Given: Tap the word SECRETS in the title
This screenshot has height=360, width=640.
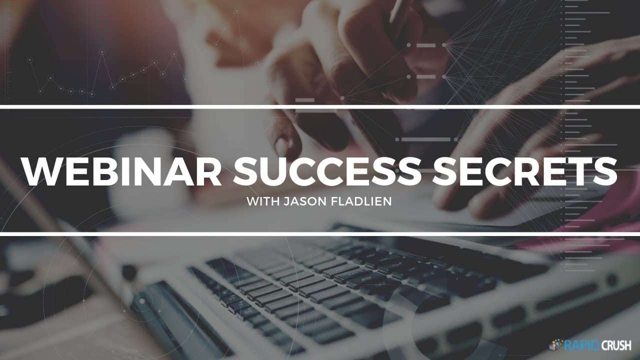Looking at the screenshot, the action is pyautogui.click(x=524, y=171).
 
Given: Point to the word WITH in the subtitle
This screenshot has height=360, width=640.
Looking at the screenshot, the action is pyautogui.click(x=263, y=201).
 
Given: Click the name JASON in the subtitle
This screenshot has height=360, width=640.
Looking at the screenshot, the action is pyautogui.click(x=305, y=201).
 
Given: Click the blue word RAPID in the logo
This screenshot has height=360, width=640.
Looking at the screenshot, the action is pyautogui.click(x=581, y=345).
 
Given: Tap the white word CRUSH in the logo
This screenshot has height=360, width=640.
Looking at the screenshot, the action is pyautogui.click(x=615, y=345).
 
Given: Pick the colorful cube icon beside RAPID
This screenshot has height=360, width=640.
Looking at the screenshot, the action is pyautogui.click(x=555, y=344).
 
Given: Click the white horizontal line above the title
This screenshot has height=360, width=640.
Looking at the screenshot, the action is pyautogui.click(x=320, y=107).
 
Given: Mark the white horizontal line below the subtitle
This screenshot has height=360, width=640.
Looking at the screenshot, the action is pyautogui.click(x=320, y=234).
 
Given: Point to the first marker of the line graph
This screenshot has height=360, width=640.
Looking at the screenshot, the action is pyautogui.click(x=29, y=59).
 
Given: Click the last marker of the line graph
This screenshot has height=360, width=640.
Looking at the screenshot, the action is pyautogui.click(x=185, y=79).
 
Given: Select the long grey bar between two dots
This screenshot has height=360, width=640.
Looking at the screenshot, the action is pyautogui.click(x=425, y=139).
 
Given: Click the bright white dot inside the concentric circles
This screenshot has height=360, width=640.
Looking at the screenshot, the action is pyautogui.click(x=142, y=301).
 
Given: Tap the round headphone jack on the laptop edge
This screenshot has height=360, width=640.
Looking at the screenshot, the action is pyautogui.click(x=611, y=280).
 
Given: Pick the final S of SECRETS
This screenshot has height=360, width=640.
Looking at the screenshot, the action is pyautogui.click(x=605, y=171).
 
